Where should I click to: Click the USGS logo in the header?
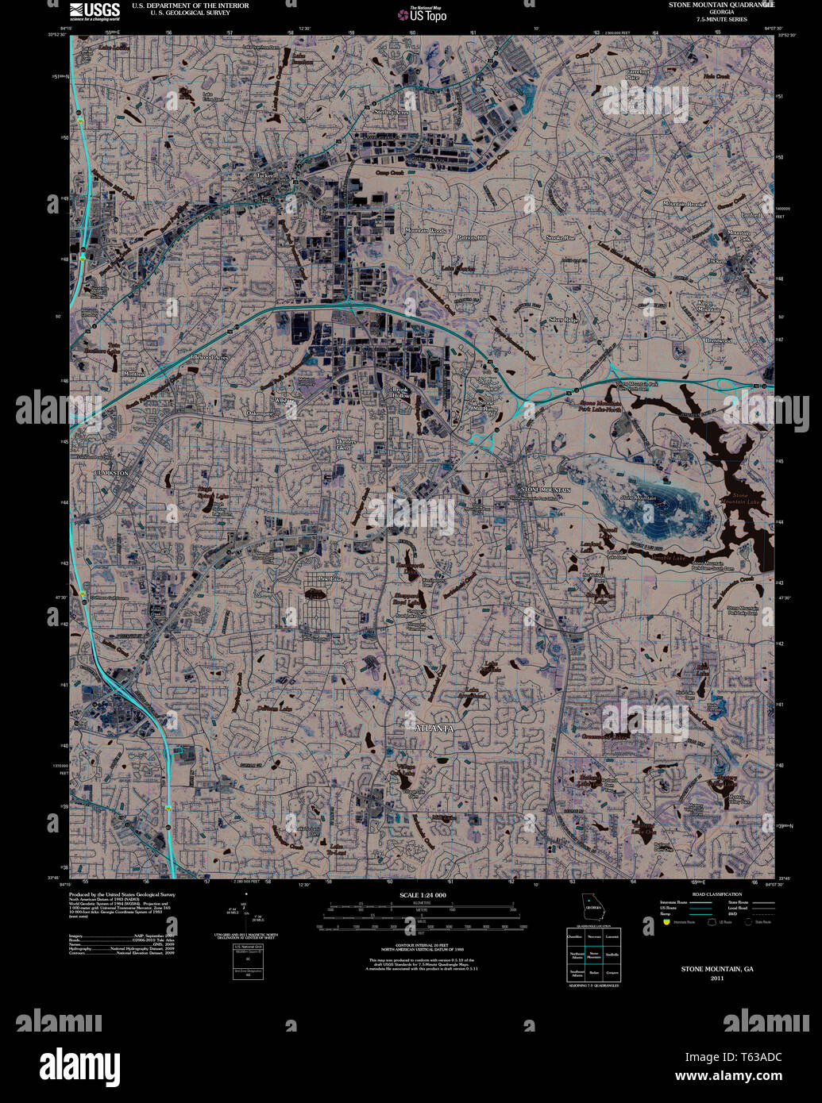(95, 10)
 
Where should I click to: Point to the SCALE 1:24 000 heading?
(423, 895)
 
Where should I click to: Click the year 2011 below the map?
(717, 978)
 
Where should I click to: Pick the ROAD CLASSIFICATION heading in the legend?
(716, 894)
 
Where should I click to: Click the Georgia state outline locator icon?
(592, 903)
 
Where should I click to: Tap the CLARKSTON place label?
(111, 473)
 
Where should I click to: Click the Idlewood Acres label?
(209, 358)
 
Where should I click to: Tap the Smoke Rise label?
(560, 238)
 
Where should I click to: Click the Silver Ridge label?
(563, 320)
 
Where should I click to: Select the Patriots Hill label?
(472, 238)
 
